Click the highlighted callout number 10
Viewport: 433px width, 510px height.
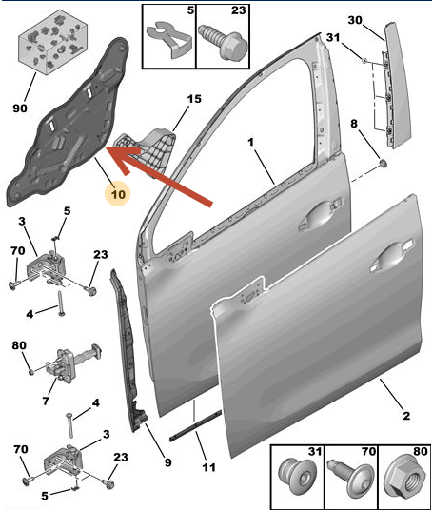pyautogui.click(x=118, y=194)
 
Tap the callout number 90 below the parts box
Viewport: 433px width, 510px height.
pyautogui.click(x=20, y=108)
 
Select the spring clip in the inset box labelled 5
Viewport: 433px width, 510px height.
pyautogui.click(x=169, y=39)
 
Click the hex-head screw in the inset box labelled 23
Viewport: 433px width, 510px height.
pyautogui.click(x=224, y=43)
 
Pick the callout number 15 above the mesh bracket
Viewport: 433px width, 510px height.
pyautogui.click(x=194, y=99)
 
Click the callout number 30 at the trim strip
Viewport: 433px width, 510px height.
pyautogui.click(x=355, y=20)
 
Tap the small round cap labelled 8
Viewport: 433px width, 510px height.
pyautogui.click(x=384, y=164)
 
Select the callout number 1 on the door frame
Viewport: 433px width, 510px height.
pyautogui.click(x=250, y=143)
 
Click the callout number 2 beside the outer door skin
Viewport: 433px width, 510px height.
pyautogui.click(x=406, y=416)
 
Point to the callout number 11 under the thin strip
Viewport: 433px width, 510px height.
pyautogui.click(x=208, y=467)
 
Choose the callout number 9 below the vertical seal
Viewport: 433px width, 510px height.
pyautogui.click(x=167, y=462)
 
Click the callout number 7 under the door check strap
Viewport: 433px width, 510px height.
pyautogui.click(x=46, y=401)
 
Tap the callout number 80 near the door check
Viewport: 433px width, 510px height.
pyautogui.click(x=19, y=345)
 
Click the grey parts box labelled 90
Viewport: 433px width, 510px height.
pyautogui.click(x=52, y=42)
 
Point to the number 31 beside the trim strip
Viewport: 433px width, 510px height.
pyautogui.click(x=333, y=37)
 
